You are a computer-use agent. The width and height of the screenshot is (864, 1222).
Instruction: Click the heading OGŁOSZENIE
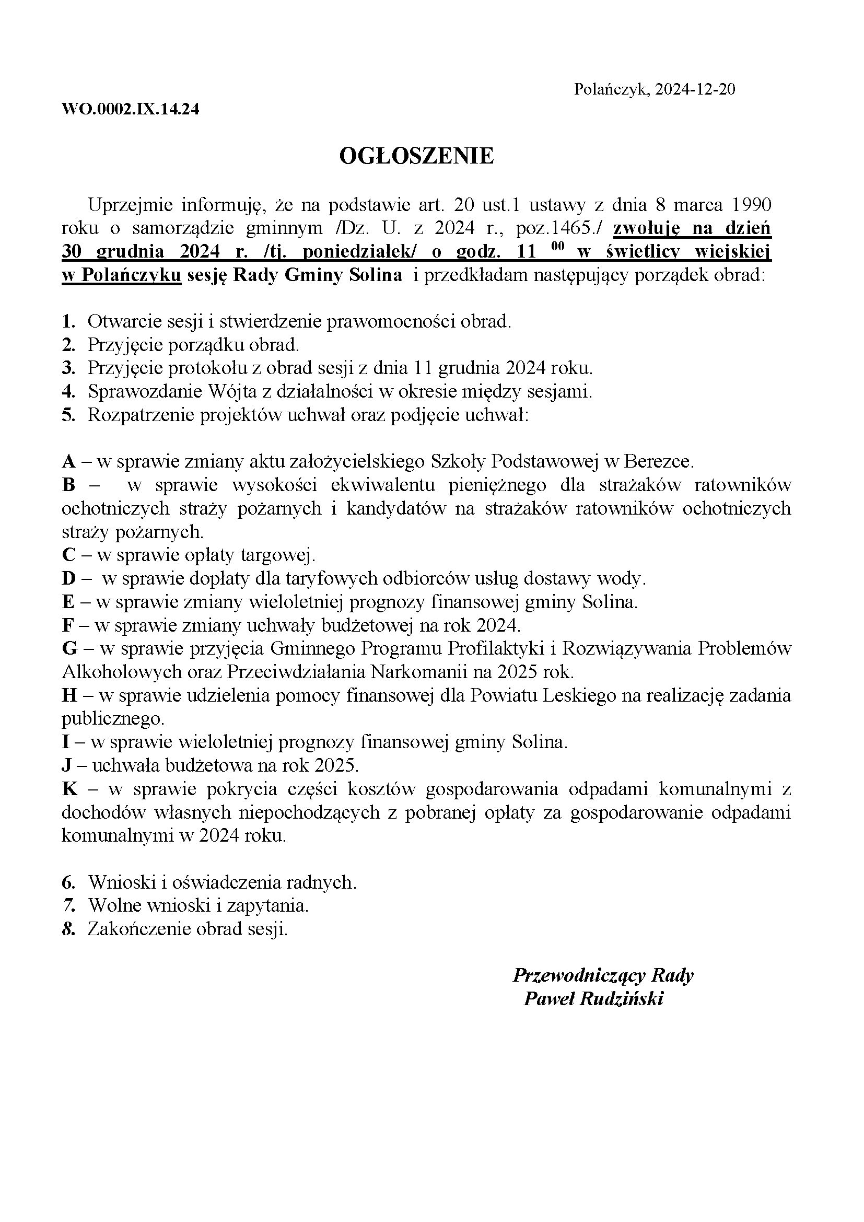tap(416, 156)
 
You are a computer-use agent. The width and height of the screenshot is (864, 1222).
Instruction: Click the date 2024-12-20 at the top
tap(695, 89)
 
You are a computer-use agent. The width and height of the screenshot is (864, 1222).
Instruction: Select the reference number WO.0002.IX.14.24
tap(131, 110)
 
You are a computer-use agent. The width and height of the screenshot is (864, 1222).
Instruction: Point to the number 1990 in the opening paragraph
tap(752, 205)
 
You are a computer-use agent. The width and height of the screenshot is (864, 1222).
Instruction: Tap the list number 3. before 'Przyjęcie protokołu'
tap(68, 368)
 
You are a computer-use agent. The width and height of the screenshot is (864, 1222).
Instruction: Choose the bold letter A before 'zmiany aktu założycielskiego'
tap(68, 461)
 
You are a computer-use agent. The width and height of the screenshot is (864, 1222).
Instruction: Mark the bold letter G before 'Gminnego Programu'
tap(69, 649)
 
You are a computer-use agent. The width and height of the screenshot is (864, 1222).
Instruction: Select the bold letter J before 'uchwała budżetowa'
tap(67, 766)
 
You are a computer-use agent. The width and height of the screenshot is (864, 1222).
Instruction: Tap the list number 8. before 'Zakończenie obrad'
tap(68, 929)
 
